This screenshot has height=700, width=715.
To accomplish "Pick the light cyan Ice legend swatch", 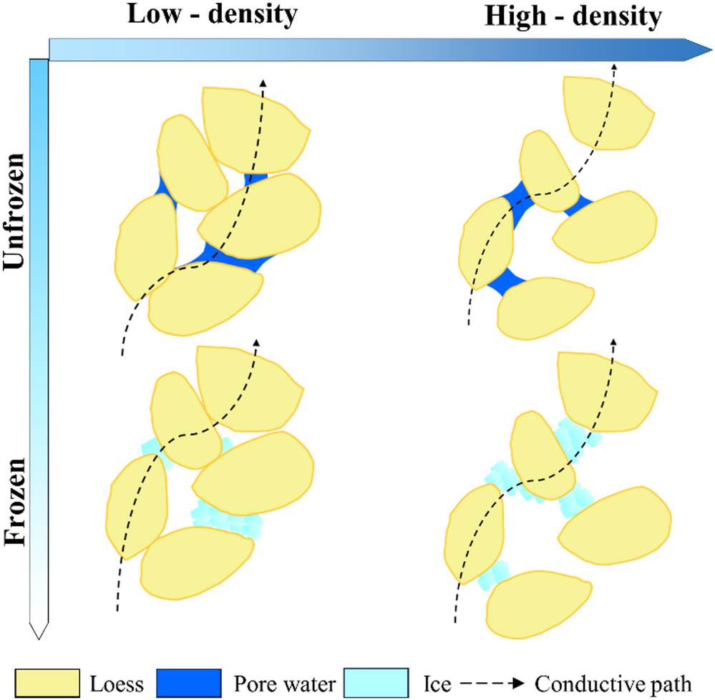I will (376, 682).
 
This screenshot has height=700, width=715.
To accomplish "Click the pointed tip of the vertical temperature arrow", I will (39, 633).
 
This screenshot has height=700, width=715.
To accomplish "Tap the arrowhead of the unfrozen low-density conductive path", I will (263, 83).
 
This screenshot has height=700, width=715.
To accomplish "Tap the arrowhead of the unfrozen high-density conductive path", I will (614, 68).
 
